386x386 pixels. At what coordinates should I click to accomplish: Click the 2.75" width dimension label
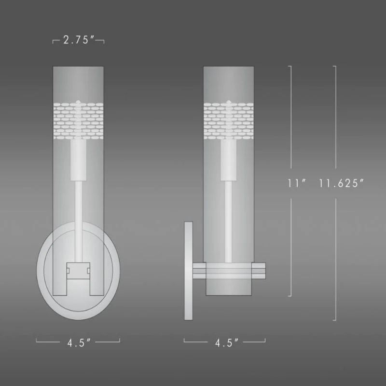(78, 41)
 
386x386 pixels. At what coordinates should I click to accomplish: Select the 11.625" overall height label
(341, 183)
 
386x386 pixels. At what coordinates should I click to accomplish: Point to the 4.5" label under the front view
(78, 343)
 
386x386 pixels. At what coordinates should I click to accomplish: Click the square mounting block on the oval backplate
(78, 269)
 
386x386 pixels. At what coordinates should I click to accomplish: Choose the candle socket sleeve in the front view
(78, 159)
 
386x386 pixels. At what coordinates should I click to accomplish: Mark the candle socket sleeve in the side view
(229, 159)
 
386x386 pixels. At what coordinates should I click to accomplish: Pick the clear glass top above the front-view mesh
(78, 82)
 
